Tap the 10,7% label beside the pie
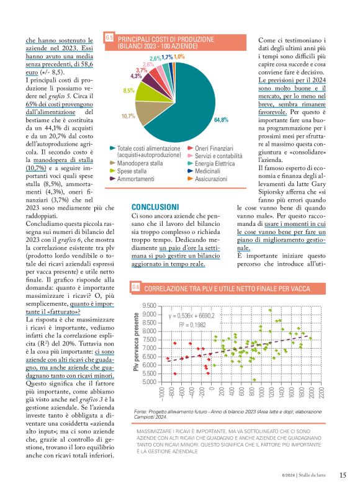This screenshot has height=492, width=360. [128, 116]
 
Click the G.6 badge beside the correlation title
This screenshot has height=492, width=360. [136, 288]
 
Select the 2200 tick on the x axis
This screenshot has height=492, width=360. [322, 393]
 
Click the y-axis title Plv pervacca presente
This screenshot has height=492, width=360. [136, 343]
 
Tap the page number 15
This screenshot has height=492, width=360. [343, 475]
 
